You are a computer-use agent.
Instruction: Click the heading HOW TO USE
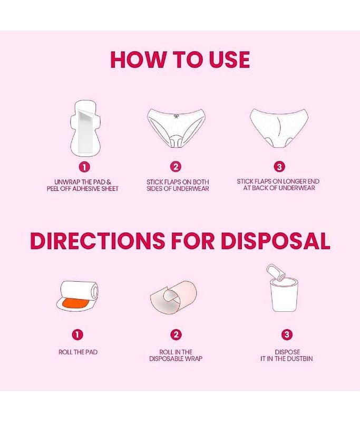point(180,60)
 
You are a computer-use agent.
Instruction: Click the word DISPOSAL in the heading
point(275,241)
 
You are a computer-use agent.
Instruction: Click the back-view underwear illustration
point(279,128)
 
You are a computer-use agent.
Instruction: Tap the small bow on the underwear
point(176,116)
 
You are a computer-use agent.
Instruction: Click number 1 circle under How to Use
point(84,167)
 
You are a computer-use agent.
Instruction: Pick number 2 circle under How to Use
point(176,167)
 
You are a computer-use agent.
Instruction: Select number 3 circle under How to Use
point(279,167)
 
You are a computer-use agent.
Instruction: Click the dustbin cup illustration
point(285,295)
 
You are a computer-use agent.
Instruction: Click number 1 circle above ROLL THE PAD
point(77,335)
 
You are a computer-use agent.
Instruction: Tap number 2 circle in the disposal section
point(176,335)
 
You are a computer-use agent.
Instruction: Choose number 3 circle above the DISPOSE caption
point(287,334)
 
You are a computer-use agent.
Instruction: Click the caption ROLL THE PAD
point(78,352)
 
